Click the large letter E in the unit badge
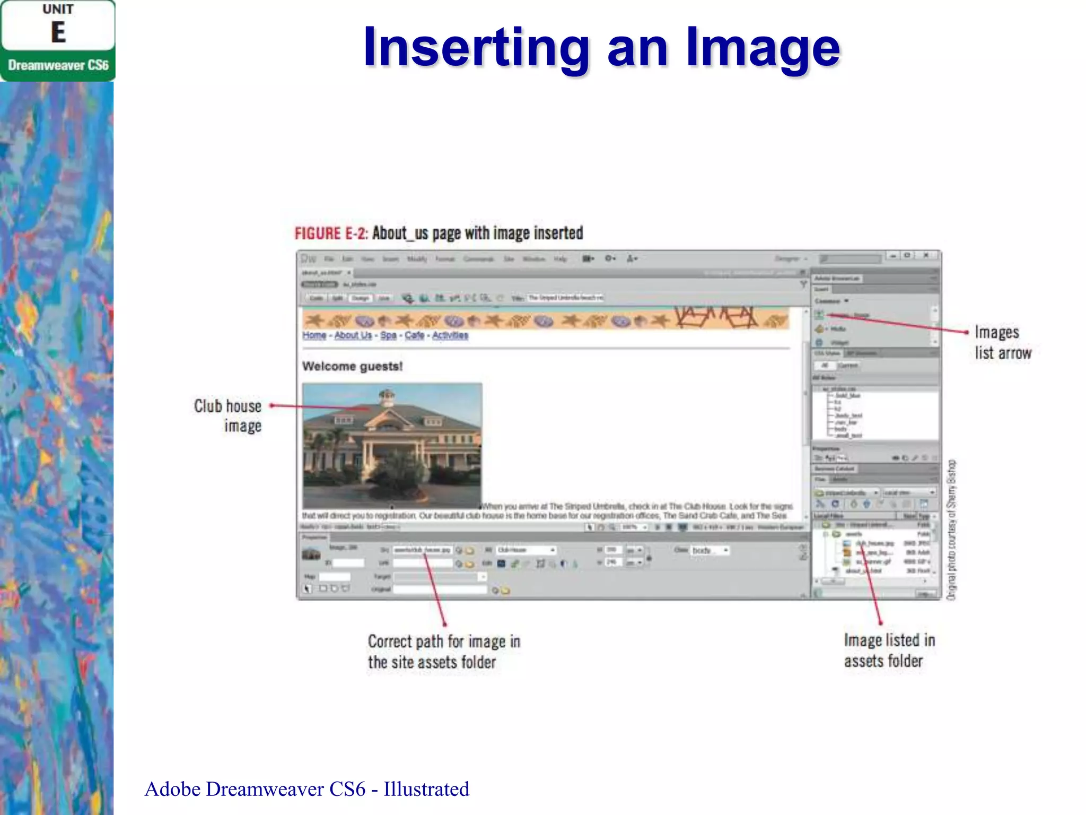coord(58,32)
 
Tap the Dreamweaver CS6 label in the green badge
coord(58,65)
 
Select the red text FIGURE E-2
coord(331,233)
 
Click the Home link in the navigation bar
coord(314,335)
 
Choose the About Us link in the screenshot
coord(353,335)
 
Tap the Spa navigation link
coord(388,335)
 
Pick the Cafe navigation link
coord(414,335)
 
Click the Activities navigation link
coord(450,335)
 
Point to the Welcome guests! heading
coord(352,366)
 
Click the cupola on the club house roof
coord(387,396)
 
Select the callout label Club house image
coord(228,415)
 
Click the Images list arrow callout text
coord(1002,342)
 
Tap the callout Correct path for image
coord(444,652)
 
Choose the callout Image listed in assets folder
coord(889,651)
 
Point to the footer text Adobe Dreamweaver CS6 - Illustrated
coord(306,789)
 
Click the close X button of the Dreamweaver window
coord(926,255)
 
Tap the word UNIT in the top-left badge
coord(58,10)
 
